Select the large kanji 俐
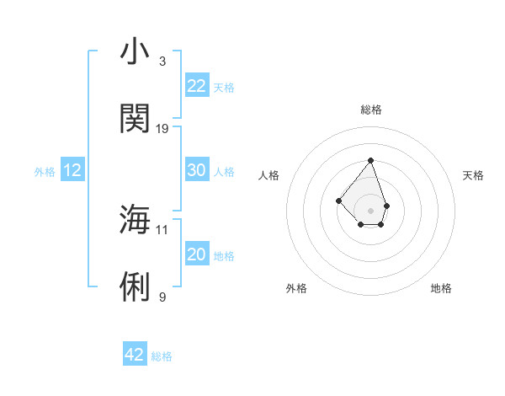click(x=136, y=286)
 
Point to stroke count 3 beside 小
click(x=162, y=62)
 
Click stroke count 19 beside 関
click(x=162, y=129)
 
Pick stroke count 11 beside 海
click(x=162, y=229)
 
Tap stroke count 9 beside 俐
click(x=162, y=297)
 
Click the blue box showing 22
click(x=197, y=86)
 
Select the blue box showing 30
click(x=197, y=170)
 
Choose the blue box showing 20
click(x=197, y=254)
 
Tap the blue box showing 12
click(x=72, y=170)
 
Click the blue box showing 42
click(x=135, y=355)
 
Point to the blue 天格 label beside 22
click(x=224, y=88)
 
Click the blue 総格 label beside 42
click(x=162, y=356)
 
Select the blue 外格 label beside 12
click(x=45, y=172)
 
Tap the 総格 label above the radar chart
click(x=370, y=110)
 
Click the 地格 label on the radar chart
click(x=441, y=288)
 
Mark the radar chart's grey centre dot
click(x=370, y=211)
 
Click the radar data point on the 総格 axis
click(x=370, y=160)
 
